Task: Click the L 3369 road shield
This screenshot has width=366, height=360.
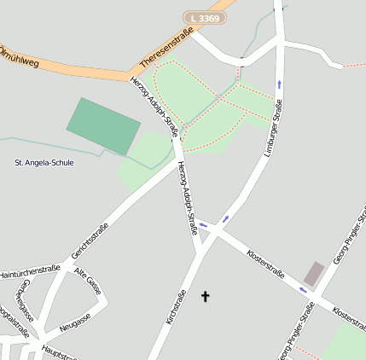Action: click(x=205, y=17)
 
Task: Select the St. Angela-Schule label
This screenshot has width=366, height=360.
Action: click(x=44, y=162)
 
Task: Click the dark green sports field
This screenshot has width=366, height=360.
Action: click(x=103, y=125)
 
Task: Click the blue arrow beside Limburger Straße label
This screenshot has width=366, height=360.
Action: click(x=280, y=84)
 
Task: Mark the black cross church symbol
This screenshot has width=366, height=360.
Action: click(x=204, y=297)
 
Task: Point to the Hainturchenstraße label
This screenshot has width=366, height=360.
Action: click(x=30, y=272)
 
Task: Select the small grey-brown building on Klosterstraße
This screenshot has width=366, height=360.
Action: click(x=314, y=274)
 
